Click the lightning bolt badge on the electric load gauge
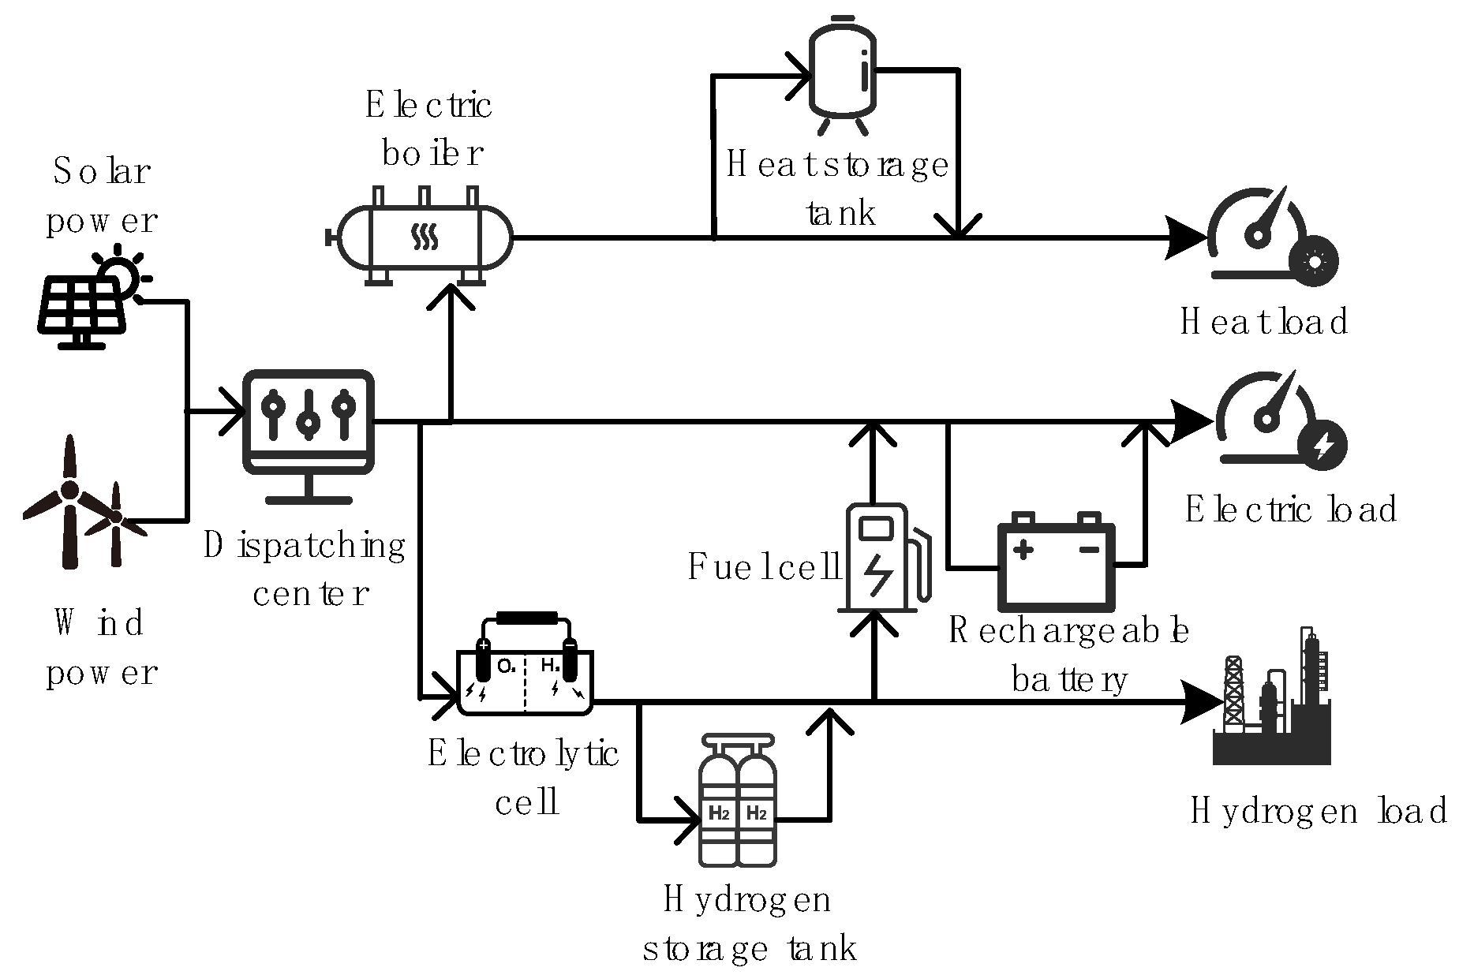pos(1322,446)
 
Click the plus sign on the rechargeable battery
pos(1023,549)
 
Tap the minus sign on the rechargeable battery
pos(1090,549)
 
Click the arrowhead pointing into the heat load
pos(1188,237)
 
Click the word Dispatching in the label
pos(305,545)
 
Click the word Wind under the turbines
pos(99,622)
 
